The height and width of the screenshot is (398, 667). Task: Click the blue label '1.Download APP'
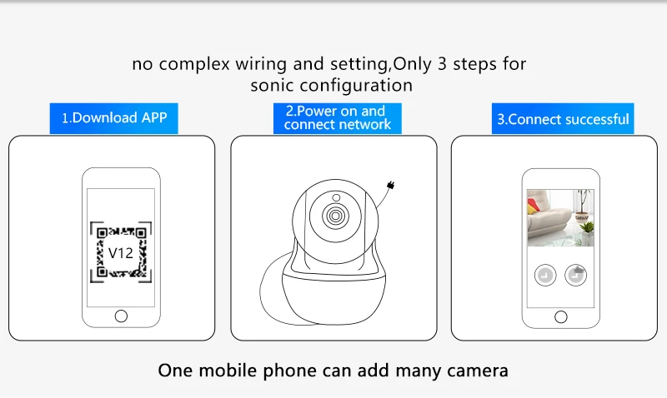[x=113, y=118]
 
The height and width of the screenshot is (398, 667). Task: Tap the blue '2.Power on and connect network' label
[x=338, y=118]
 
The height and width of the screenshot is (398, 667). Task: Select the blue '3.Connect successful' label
[x=563, y=118]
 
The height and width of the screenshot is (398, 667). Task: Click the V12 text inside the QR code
[x=121, y=253]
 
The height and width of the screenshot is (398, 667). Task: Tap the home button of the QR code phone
[x=121, y=316]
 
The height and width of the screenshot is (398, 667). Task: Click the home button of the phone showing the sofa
[x=561, y=317]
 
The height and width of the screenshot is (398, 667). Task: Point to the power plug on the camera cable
[x=391, y=185]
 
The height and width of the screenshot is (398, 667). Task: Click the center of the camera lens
[x=335, y=216]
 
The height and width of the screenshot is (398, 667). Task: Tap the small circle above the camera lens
[x=336, y=197]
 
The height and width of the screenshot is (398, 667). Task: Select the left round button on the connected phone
[x=545, y=276]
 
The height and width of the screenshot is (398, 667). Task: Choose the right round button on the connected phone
[x=575, y=276]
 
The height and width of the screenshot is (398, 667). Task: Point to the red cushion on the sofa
[x=533, y=206]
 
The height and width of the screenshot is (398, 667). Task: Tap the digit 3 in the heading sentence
[x=442, y=64]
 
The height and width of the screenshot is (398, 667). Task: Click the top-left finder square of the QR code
[x=102, y=233]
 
